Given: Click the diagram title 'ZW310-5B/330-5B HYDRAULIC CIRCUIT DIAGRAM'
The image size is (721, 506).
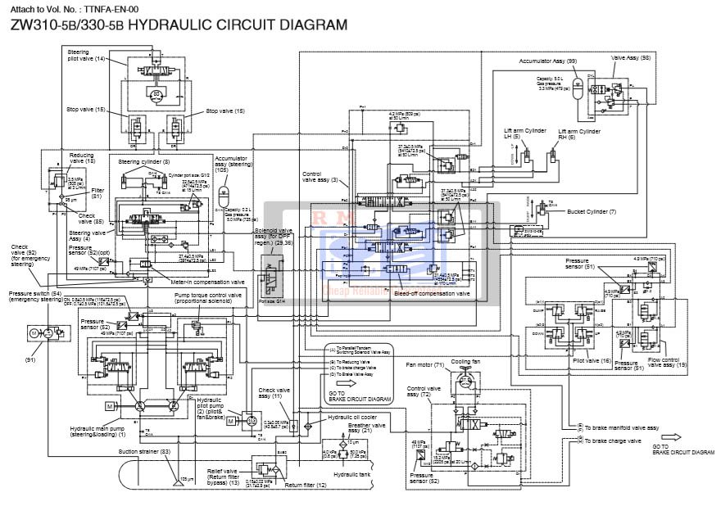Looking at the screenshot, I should coord(179,25).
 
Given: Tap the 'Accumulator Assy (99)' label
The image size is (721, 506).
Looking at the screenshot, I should coord(547,61).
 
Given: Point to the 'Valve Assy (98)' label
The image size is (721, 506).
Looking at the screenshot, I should coord(631,57).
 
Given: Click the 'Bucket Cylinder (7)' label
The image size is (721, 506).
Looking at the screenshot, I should coord(590,212).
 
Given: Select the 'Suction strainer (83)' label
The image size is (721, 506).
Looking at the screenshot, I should coord(143,451).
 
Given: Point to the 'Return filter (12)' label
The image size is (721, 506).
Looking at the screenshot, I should coord(305,486).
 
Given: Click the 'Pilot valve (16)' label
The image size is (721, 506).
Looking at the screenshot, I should coord(595,360).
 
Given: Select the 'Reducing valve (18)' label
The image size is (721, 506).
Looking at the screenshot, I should coord(81,158).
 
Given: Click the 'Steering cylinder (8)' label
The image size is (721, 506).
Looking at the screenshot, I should coord(143,162).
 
